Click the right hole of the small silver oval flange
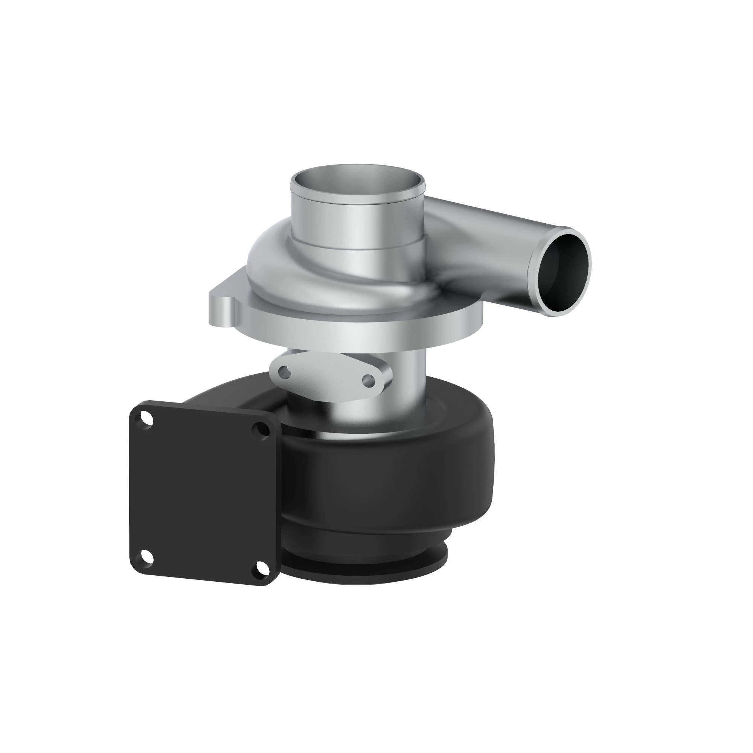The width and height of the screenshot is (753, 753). (x=367, y=379)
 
